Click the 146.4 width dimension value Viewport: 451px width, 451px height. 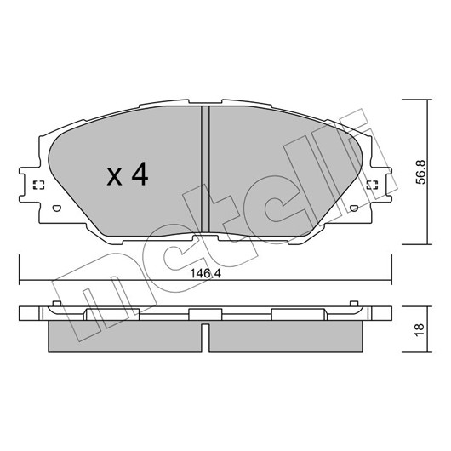tap(205, 273)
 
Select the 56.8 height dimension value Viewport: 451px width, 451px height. tap(420, 172)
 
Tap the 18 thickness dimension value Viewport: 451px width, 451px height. tap(420, 329)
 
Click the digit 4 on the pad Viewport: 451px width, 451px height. tap(140, 174)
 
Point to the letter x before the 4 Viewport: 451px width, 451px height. tap(115, 177)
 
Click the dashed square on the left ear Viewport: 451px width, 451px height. tap(39, 185)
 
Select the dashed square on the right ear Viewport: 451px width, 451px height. tap(372, 185)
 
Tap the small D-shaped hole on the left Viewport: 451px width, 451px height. tap(57, 208)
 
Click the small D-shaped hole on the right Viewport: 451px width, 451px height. tap(354, 208)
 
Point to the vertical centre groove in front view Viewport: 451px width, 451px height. tap(205, 169)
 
